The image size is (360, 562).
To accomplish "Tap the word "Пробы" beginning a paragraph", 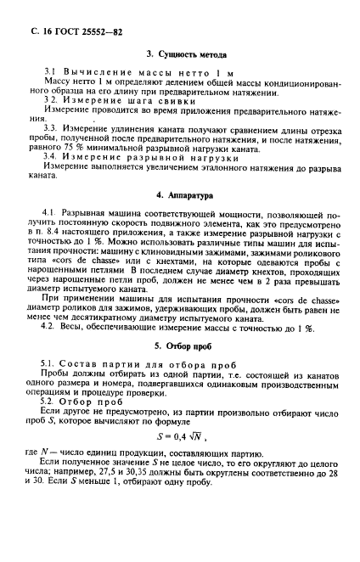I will click(x=55, y=381).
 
